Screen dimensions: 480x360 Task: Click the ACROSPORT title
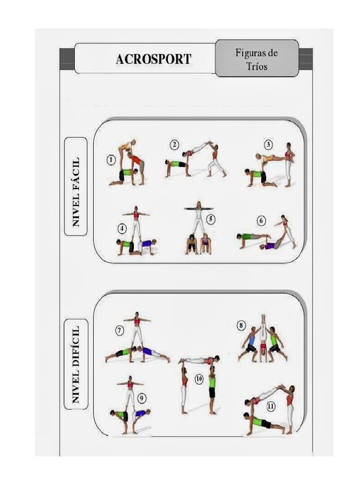pos(153,59)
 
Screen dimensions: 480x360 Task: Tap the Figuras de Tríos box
pos(256,59)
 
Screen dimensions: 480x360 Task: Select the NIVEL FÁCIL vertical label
pos(75,186)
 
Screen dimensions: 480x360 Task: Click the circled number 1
pos(111,160)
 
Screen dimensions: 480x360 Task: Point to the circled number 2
pos(174,145)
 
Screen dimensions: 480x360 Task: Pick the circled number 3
pos(268,145)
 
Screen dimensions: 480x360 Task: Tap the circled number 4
pos(122,229)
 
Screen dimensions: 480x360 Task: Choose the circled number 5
pos(211,219)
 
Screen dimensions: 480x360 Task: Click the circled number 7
pos(120,331)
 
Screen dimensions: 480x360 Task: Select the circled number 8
pos(241,325)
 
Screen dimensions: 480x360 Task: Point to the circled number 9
pos(142,398)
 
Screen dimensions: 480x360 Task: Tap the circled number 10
pos(199,379)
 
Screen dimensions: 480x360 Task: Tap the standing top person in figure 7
pos(136,328)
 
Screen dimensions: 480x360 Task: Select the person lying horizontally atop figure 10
pos(199,360)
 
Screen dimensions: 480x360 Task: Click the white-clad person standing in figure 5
pos(199,217)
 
